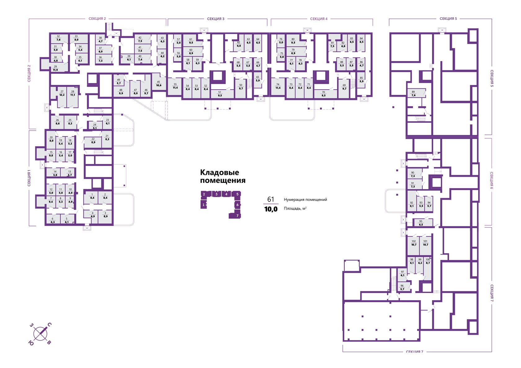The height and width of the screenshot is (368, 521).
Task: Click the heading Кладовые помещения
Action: pos(222,176)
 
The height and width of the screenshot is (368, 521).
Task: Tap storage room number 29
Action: pos(56,68)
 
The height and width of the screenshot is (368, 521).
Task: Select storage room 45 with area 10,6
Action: pos(158,84)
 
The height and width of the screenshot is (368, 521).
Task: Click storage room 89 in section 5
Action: pos(413,94)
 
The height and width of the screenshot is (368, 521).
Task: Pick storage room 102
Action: pos(414,243)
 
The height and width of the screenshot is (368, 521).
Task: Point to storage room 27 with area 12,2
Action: pos(62,93)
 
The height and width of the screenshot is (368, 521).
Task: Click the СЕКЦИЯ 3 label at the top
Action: pos(216,19)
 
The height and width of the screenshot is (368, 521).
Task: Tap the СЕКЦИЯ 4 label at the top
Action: pos(319,19)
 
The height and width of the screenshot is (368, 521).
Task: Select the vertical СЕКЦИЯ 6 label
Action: pos(492,180)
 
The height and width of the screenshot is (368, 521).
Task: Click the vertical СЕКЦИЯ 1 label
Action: pos(29,178)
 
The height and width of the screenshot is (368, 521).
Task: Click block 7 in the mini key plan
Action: pos(237,215)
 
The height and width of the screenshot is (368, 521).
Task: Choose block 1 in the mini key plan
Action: pos(203,205)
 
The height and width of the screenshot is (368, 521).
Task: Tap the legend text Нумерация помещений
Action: pos(305,200)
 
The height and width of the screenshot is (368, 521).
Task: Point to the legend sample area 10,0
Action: pos(271,209)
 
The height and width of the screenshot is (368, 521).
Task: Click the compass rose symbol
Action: pos(40,334)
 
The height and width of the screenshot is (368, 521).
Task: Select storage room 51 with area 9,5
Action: pos(220,94)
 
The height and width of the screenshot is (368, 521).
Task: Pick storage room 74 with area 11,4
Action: pos(278,86)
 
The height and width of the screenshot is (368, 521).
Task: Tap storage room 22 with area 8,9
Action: pos(93,141)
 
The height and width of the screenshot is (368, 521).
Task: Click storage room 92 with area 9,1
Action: pos(412,204)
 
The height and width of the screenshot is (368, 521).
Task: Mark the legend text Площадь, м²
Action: pos(295,209)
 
